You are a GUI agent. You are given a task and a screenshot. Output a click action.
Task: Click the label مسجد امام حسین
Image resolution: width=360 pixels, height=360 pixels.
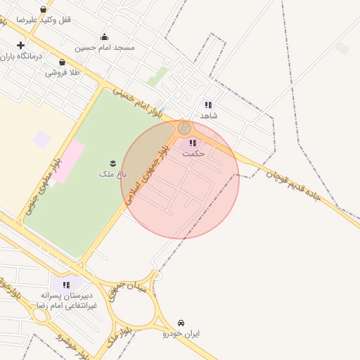105,47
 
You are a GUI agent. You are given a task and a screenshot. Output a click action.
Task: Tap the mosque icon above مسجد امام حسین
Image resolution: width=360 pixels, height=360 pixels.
105,37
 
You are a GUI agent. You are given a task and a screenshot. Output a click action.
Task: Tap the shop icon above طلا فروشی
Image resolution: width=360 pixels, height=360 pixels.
62,63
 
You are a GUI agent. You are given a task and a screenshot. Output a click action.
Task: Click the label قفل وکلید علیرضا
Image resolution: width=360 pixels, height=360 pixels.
44,20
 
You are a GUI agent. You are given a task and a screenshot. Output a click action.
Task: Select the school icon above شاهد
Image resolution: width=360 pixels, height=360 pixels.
208,105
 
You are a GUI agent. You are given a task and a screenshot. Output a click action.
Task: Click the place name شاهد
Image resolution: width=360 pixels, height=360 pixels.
209,115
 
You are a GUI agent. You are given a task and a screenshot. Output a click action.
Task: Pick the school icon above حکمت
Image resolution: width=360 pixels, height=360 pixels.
193,143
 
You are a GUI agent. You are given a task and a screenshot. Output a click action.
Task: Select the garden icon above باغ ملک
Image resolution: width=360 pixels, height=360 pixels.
112,163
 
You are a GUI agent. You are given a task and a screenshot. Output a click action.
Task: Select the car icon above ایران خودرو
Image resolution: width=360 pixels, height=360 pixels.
182,323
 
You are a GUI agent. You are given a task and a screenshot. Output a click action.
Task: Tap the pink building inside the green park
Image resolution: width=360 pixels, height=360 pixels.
67,160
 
